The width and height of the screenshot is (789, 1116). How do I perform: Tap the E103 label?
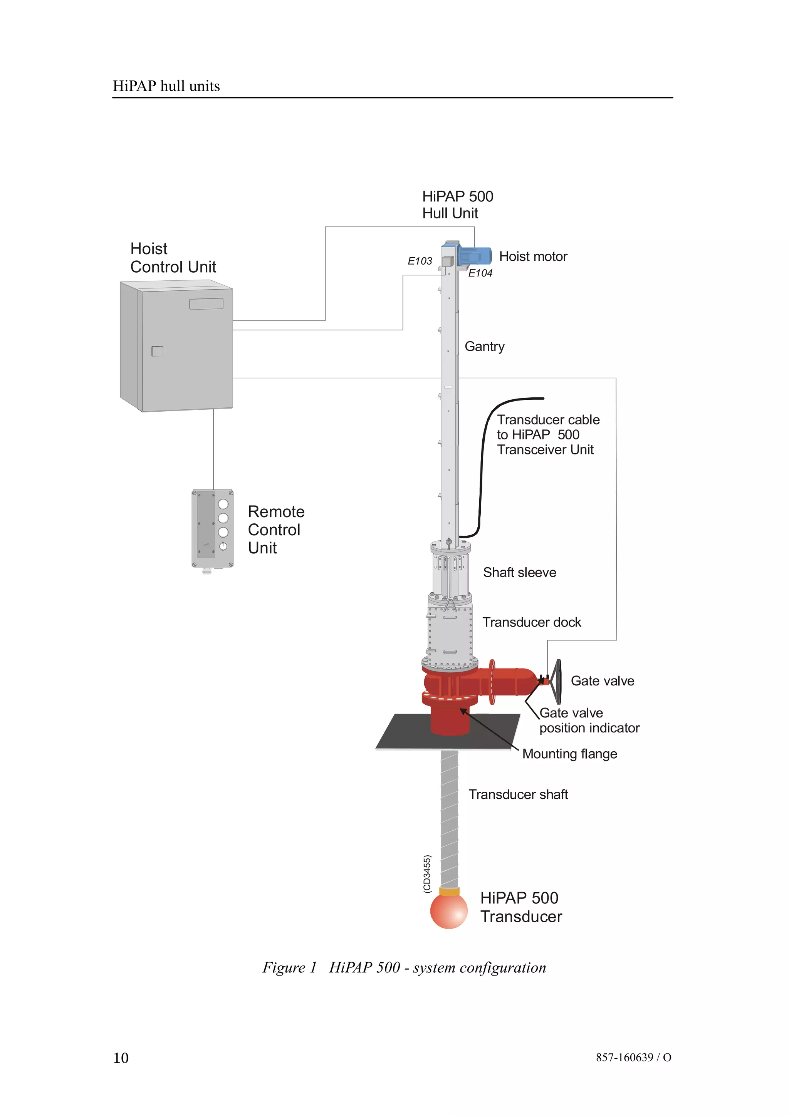[420, 261]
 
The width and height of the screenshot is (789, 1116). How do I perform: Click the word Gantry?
[484, 347]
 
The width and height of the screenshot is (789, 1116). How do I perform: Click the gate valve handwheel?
[559, 682]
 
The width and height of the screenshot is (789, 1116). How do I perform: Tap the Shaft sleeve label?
[519, 573]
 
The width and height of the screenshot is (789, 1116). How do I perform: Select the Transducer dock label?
[531, 622]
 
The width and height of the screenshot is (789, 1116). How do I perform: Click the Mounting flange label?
[569, 754]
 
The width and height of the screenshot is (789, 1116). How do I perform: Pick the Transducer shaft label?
[518, 794]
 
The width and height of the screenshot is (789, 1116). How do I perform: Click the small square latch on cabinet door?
[157, 351]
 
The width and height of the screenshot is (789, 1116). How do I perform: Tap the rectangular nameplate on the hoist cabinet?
[206, 304]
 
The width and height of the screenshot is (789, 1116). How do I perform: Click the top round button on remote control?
[223, 504]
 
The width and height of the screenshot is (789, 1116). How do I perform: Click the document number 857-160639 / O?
[633, 1057]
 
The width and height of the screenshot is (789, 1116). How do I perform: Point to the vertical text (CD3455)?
[427, 873]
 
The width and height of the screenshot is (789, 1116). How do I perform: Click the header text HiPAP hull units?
[166, 86]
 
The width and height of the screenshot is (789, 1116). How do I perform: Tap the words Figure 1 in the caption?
[289, 967]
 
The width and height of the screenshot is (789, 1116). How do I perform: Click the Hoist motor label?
[533, 256]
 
